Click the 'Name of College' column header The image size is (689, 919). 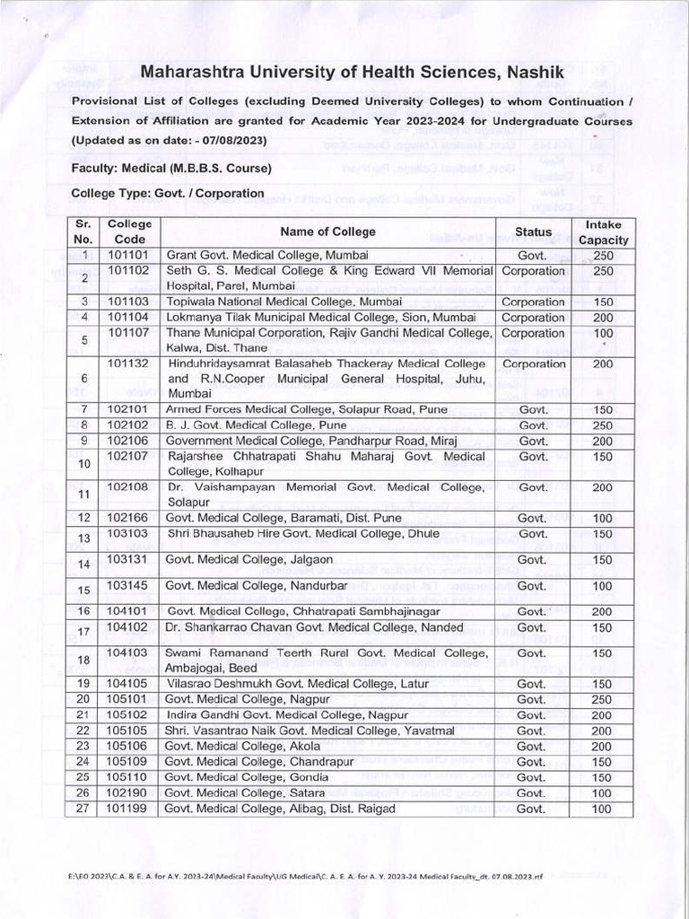[x=327, y=232]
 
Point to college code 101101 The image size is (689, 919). [x=129, y=256]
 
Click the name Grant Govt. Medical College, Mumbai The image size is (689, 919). [x=261, y=256]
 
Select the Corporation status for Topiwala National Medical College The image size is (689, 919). [x=533, y=302]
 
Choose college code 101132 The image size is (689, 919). [x=129, y=364]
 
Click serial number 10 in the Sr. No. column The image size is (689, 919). [x=85, y=464]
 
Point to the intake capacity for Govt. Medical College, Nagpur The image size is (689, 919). [x=603, y=700]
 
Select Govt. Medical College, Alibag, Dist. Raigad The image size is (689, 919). [x=279, y=810]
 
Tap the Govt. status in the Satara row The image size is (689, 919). [x=532, y=793]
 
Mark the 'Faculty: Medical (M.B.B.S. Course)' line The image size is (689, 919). [x=170, y=168]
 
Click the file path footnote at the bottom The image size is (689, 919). [x=304, y=874]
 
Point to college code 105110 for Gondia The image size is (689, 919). [x=129, y=777]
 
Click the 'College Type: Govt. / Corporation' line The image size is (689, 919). [x=168, y=193]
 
